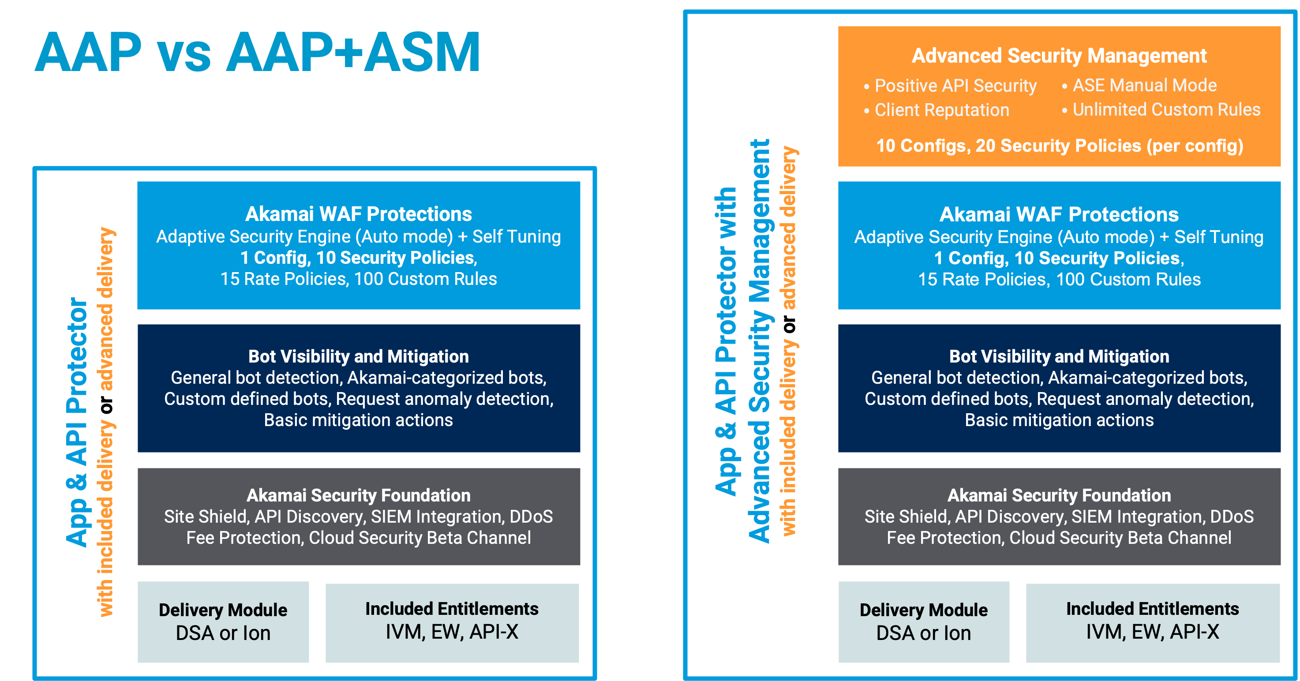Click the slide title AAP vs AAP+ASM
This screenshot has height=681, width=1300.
tap(257, 52)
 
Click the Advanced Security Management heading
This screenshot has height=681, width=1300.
tap(1059, 56)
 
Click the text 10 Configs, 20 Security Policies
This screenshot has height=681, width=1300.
tap(1059, 146)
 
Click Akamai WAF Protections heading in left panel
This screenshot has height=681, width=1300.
tap(358, 214)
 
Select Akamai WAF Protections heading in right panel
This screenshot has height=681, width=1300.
tap(1059, 214)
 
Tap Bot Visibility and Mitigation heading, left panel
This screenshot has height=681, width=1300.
tap(358, 357)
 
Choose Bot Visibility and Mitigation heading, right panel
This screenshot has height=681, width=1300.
tap(1059, 357)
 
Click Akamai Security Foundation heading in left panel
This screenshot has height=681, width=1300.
tap(358, 495)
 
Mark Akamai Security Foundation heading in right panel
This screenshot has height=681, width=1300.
tap(1059, 495)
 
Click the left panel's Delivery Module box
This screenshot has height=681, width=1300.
tap(223, 621)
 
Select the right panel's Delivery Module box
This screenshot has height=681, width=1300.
tap(924, 621)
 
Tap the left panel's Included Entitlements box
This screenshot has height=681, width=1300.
tap(452, 621)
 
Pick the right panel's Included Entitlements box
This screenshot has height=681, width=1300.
tap(1153, 621)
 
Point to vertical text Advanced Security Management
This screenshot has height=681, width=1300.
tap(760, 341)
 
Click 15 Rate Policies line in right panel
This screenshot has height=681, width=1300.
tap(1059, 280)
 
